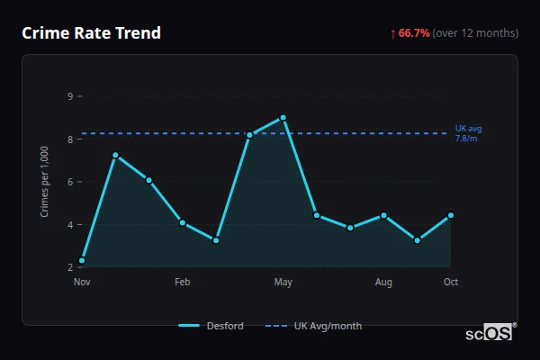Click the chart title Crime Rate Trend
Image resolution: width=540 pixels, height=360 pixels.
click(x=92, y=33)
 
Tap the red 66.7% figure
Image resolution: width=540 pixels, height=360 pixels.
click(x=414, y=33)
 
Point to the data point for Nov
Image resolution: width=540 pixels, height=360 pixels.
click(x=82, y=260)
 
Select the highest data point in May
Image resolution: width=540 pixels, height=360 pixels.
click(x=283, y=117)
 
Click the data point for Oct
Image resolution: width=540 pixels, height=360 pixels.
click(x=450, y=215)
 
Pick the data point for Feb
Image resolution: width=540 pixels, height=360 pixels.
click(x=183, y=222)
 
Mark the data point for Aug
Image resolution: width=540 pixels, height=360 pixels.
click(x=383, y=215)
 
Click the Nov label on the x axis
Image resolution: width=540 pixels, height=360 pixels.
click(x=82, y=283)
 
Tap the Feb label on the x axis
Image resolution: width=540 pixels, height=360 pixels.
click(x=183, y=283)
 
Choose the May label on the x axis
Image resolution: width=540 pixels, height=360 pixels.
click(x=283, y=283)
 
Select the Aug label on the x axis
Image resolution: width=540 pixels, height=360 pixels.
click(x=383, y=283)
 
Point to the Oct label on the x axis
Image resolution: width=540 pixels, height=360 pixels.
click(x=451, y=283)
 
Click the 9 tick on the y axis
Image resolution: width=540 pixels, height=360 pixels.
click(x=70, y=96)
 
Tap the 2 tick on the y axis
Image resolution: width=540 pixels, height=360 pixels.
click(x=70, y=267)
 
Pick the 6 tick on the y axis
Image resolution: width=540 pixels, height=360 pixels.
click(x=70, y=182)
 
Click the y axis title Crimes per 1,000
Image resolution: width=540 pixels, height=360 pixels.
click(x=45, y=182)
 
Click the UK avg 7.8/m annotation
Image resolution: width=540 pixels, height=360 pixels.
click(x=469, y=133)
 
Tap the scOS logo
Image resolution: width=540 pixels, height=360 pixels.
click(x=490, y=333)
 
